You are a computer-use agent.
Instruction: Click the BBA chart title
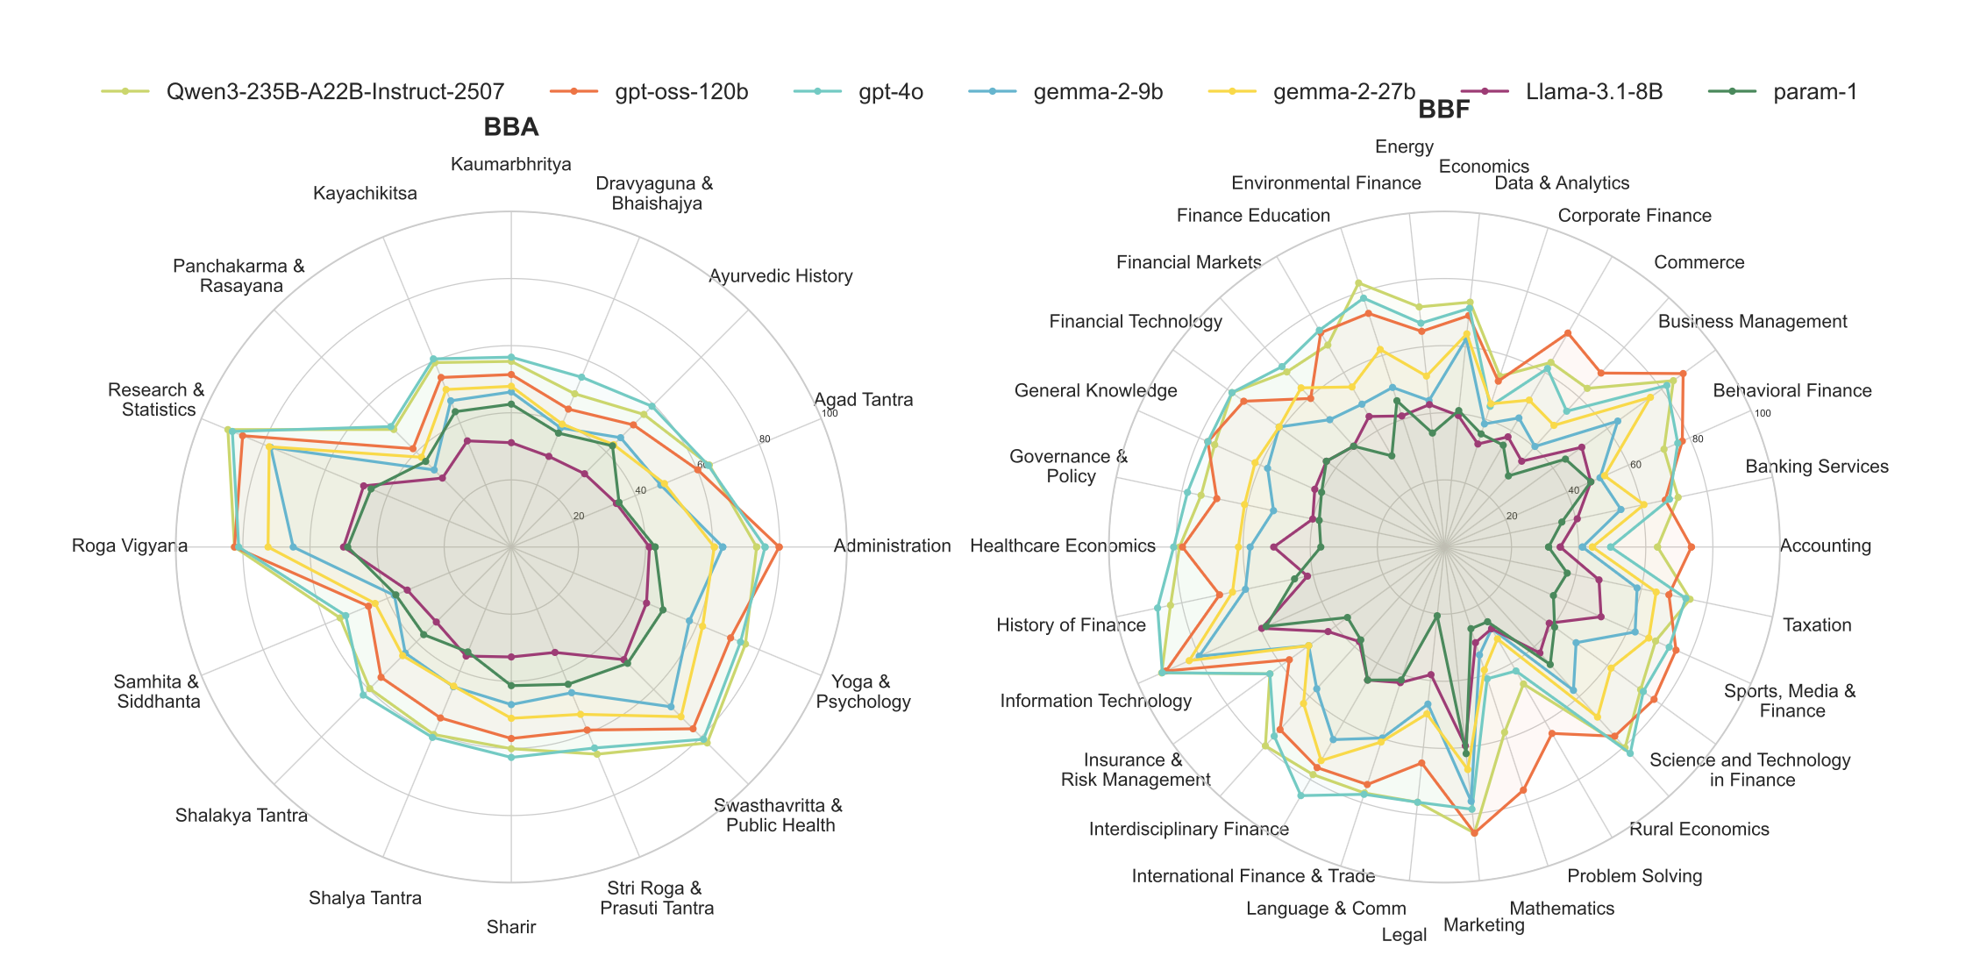(510, 127)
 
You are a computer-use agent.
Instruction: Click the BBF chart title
(1443, 110)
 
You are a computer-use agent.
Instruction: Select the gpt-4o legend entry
(890, 92)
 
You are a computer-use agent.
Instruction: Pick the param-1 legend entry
(1814, 92)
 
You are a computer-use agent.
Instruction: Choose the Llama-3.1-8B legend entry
(1593, 92)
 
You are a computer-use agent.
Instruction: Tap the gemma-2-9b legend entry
(1098, 92)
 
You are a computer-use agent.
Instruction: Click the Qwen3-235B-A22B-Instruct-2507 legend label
(335, 92)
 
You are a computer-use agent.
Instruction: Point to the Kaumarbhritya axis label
(510, 165)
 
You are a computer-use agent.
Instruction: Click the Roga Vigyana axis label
(130, 546)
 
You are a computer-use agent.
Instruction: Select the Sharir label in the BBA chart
(510, 927)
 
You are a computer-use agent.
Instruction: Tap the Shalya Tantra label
(365, 898)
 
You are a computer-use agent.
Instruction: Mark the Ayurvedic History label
(780, 276)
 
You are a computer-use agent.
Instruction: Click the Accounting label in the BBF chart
(1825, 546)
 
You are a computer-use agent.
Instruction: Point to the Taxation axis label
(1817, 625)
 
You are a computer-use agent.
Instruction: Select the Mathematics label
(1562, 909)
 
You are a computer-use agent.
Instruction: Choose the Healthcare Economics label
(1063, 546)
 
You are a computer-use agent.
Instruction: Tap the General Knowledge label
(1095, 391)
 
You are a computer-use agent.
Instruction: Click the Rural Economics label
(1699, 830)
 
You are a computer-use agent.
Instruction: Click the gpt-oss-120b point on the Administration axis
(779, 547)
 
